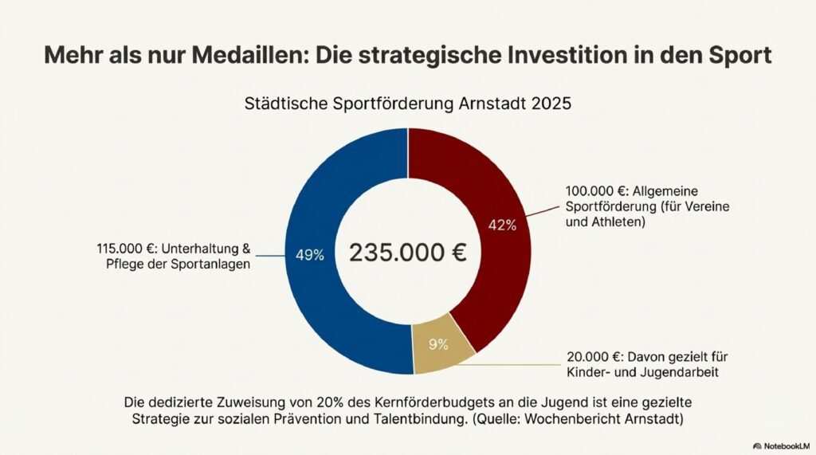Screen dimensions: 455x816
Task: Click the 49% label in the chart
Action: [x=309, y=255]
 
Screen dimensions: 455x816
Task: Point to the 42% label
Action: [x=502, y=225]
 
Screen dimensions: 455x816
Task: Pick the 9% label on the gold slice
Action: [x=438, y=344]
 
